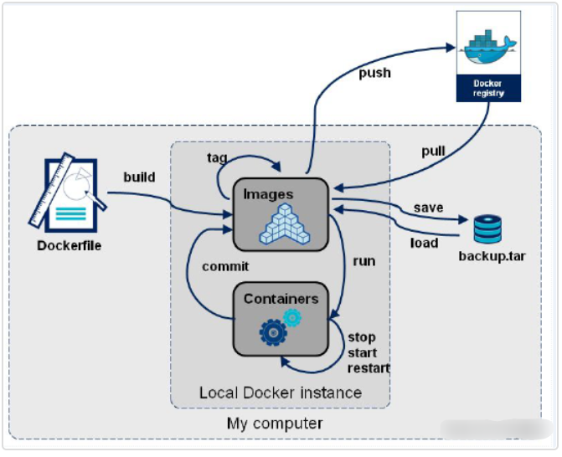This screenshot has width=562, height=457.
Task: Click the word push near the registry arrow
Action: point(375,74)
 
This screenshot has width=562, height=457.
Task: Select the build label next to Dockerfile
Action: point(139,178)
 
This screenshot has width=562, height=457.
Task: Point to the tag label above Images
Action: point(217,157)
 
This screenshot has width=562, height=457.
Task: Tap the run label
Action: point(363,260)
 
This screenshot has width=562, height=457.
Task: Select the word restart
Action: point(369,367)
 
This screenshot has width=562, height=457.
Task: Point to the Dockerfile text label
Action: point(70,246)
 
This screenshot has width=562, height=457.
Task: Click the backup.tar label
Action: point(492,254)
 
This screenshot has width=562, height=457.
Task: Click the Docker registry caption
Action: point(487,88)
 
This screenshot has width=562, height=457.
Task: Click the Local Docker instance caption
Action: point(281,393)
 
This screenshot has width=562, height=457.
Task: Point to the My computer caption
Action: point(275,424)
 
